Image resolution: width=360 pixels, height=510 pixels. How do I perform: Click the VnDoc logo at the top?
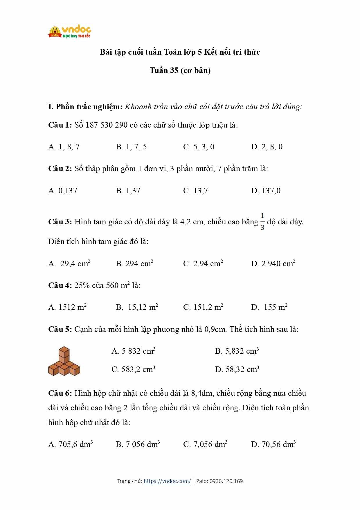click(70, 32)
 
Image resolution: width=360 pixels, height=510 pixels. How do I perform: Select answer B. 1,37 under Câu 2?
click(128, 191)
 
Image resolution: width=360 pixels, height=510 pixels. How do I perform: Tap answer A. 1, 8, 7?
click(64, 147)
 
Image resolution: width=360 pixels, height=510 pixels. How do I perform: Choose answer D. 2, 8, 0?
click(267, 147)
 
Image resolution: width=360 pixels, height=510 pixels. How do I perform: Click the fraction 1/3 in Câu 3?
click(262, 222)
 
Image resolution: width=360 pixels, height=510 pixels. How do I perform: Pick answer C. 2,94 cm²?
click(203, 264)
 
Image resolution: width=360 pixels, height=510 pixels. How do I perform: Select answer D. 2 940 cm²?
click(273, 264)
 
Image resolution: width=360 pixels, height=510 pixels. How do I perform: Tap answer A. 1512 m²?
click(67, 307)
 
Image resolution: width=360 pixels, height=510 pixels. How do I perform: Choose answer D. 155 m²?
click(269, 307)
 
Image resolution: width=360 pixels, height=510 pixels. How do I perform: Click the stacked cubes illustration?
click(64, 361)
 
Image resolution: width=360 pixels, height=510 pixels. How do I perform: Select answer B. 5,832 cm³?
click(237, 351)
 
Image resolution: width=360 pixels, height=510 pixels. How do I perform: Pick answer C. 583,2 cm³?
click(133, 369)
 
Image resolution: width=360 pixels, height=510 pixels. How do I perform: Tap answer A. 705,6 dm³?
click(71, 444)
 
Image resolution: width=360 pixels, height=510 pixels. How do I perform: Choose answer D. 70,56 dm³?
click(273, 444)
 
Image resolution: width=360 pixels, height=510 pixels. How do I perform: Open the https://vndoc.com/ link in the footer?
click(167, 481)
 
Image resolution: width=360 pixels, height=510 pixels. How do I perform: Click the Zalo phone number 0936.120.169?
click(226, 481)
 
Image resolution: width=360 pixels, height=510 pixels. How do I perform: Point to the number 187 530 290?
click(107, 125)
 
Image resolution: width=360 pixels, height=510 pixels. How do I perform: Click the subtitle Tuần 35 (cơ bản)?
click(180, 70)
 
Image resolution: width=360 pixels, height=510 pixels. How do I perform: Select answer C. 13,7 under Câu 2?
click(195, 191)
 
